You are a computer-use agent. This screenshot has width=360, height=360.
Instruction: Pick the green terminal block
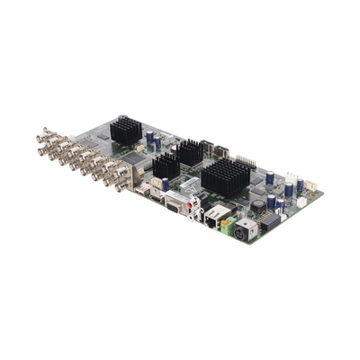[x=238, y=220]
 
